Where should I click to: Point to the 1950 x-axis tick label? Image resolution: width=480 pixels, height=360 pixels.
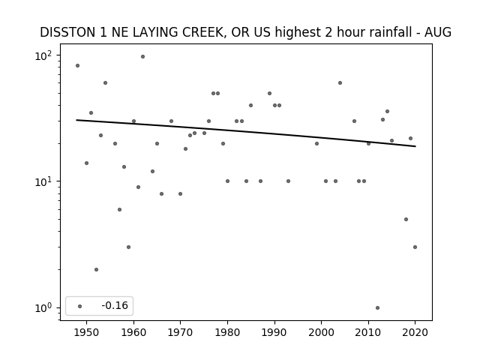tap(87, 332)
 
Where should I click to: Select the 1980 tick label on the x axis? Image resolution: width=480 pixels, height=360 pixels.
tap(227, 332)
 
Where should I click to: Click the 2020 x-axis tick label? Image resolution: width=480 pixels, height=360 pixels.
tap(415, 332)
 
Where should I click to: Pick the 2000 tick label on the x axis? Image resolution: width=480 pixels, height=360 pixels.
tap(322, 332)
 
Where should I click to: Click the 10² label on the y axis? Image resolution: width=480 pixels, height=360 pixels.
tap(43, 55)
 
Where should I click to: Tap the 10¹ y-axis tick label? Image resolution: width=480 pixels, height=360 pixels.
tap(43, 181)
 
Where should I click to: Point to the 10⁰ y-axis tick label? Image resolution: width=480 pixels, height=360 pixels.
tap(43, 308)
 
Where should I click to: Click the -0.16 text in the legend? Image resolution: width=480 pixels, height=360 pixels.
tap(115, 305)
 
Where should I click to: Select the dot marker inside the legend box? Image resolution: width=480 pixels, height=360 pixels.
tap(80, 306)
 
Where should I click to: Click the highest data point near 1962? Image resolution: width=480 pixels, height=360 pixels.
tap(142, 57)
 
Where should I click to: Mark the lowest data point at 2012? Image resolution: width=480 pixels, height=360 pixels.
tap(377, 308)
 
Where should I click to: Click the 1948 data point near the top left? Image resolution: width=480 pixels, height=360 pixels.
tap(77, 65)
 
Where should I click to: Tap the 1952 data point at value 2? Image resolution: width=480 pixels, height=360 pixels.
tap(96, 270)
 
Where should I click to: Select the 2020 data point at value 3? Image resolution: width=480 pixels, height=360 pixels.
tap(415, 247)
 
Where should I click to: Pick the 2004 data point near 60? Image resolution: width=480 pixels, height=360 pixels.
tap(340, 83)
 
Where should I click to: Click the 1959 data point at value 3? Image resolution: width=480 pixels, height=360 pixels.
tap(128, 247)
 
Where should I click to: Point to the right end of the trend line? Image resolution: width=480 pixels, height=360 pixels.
tap(415, 146)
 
